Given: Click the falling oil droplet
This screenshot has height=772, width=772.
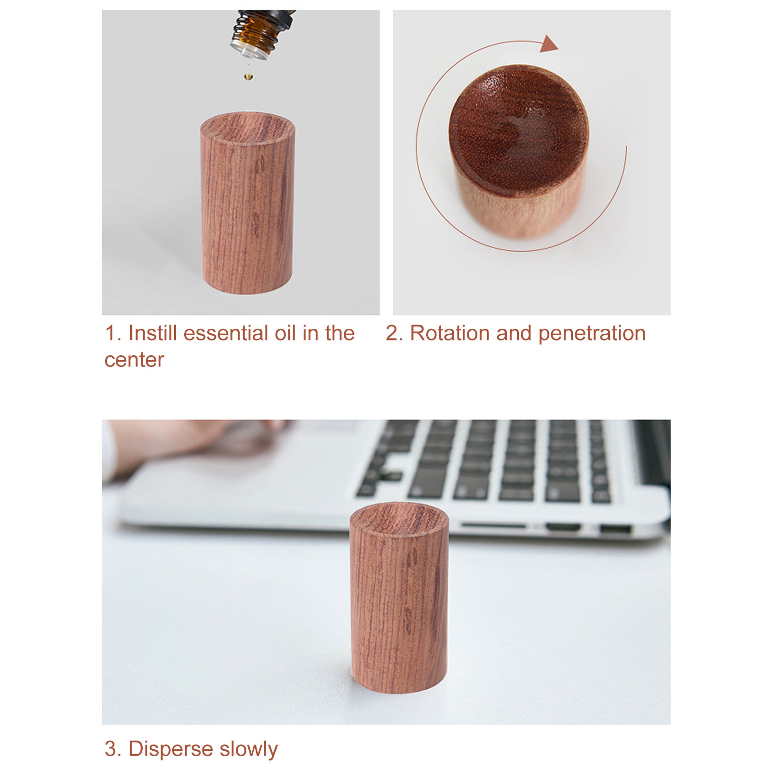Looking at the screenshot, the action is (x=248, y=76).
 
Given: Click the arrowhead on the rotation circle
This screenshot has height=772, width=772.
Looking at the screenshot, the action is (x=548, y=43).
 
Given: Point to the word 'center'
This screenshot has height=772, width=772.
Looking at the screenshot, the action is (x=134, y=360).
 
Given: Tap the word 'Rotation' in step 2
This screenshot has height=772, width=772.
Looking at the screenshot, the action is (x=450, y=333).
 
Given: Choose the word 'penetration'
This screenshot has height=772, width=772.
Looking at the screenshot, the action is (x=592, y=334).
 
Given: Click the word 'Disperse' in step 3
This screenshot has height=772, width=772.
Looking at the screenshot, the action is (x=171, y=749).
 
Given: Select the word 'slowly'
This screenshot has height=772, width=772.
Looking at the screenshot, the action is (x=249, y=749).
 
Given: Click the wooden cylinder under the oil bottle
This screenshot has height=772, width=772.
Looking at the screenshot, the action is (x=247, y=203).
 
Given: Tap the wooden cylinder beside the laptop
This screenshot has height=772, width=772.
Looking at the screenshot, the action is (x=399, y=597).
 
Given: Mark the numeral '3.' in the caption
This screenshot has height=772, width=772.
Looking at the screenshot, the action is (x=113, y=749).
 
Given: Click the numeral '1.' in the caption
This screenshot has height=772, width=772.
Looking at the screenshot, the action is (x=113, y=334).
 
